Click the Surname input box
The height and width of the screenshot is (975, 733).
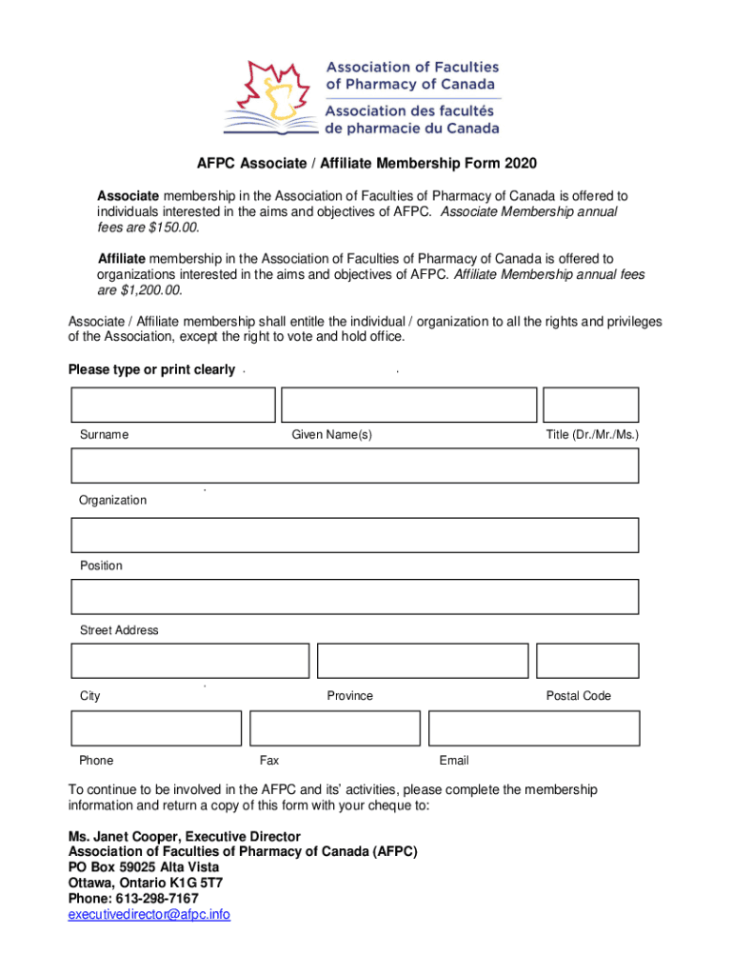pyautogui.click(x=172, y=405)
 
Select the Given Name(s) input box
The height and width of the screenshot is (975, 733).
pyautogui.click(x=409, y=405)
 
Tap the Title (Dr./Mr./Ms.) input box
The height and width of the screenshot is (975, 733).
pyautogui.click(x=590, y=405)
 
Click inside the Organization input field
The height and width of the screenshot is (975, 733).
pyautogui.click(x=354, y=466)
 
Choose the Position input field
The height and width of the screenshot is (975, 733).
pyautogui.click(x=354, y=535)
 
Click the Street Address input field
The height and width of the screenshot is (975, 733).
pyautogui.click(x=354, y=597)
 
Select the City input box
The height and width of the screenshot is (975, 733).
pyautogui.click(x=190, y=661)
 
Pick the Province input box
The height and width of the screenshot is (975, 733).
pyautogui.click(x=423, y=661)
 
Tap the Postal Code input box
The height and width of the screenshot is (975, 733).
pyautogui.click(x=587, y=661)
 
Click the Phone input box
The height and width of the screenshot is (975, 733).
pyautogui.click(x=156, y=727)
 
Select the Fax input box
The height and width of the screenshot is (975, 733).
pyautogui.click(x=334, y=727)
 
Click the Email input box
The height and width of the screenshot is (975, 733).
pyautogui.click(x=534, y=727)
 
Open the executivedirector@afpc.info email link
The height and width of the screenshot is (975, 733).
pyautogui.click(x=149, y=915)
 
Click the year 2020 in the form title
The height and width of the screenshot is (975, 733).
pyautogui.click(x=521, y=164)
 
